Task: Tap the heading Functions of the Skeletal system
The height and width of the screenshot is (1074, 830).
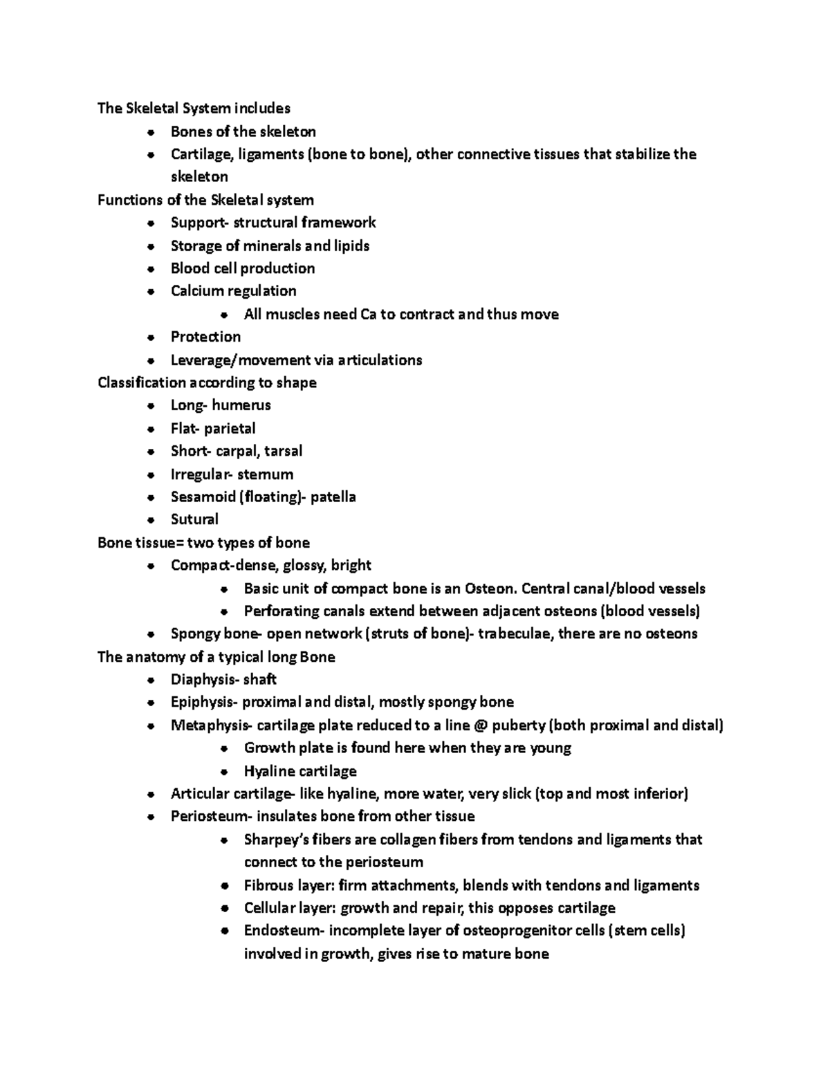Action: point(205,200)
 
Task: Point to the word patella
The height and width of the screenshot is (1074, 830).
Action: point(333,497)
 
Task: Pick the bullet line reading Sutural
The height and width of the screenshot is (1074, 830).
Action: point(194,519)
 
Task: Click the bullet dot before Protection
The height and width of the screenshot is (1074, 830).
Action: point(151,337)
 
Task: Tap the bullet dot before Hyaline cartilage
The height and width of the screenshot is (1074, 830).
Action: point(223,772)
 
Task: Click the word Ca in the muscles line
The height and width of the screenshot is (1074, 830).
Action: point(368,315)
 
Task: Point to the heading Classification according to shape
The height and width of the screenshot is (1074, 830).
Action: point(207,382)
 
